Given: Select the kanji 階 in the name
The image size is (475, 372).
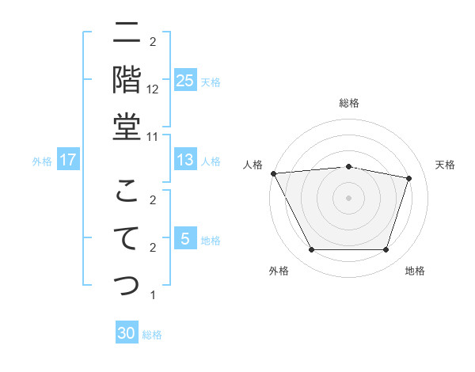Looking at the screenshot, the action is (x=127, y=80).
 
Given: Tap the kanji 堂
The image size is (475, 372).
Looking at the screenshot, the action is (x=127, y=127).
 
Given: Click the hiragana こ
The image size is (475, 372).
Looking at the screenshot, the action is (x=127, y=191).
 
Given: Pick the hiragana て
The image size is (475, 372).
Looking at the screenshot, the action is (x=127, y=238).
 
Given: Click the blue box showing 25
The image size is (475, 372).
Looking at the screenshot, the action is (x=184, y=81).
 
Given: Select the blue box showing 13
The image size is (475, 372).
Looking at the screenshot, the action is (x=184, y=161).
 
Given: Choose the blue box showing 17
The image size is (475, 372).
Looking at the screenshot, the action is (x=68, y=161).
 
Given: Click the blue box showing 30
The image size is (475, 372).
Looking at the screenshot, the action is (x=127, y=334).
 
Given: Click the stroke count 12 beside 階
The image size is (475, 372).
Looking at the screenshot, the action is (x=153, y=89).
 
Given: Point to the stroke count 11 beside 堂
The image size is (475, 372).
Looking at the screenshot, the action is (x=153, y=136).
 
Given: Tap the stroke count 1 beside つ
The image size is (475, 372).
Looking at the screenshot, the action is (x=152, y=295).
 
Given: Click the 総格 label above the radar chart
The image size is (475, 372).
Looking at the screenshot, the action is (x=349, y=103).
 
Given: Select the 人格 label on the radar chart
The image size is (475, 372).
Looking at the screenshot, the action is (x=253, y=165).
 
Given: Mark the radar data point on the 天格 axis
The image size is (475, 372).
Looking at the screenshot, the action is (x=408, y=178).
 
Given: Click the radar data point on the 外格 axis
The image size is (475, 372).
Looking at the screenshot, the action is (x=311, y=250).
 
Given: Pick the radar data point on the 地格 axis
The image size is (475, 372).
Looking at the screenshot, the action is (x=386, y=250).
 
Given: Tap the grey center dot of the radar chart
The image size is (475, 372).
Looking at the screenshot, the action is (x=349, y=197).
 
